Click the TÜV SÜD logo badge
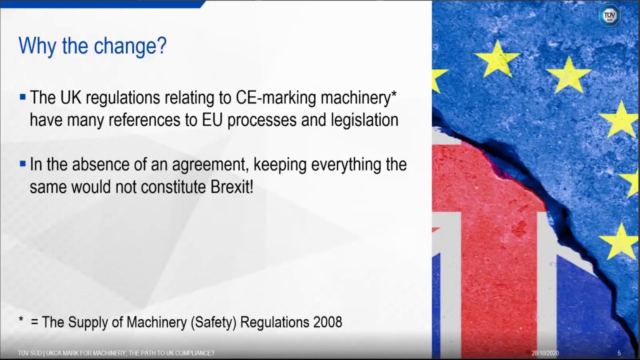pos(609,15)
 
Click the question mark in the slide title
pos(160,46)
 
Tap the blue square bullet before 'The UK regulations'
pos(22,97)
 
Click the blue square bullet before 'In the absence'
pos(22,164)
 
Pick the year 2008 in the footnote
pos(327,322)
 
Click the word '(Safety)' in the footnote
pos(213,322)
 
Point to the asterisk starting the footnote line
pos(21,321)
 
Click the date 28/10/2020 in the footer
pos(545,353)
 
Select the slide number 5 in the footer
pos(619,353)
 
